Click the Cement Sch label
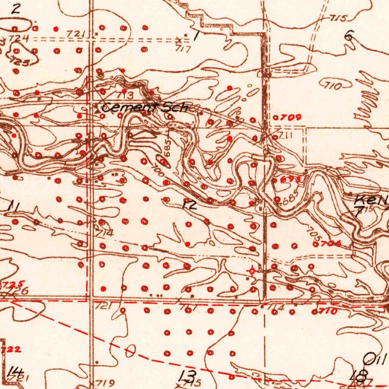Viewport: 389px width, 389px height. (145, 108)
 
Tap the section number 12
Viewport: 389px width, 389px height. (190, 206)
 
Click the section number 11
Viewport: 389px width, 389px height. (14, 207)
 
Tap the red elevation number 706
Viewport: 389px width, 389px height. (330, 244)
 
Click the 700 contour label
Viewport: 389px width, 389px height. (157, 169)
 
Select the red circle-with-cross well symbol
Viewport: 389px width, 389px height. (251, 271)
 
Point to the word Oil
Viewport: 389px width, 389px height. (375, 359)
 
